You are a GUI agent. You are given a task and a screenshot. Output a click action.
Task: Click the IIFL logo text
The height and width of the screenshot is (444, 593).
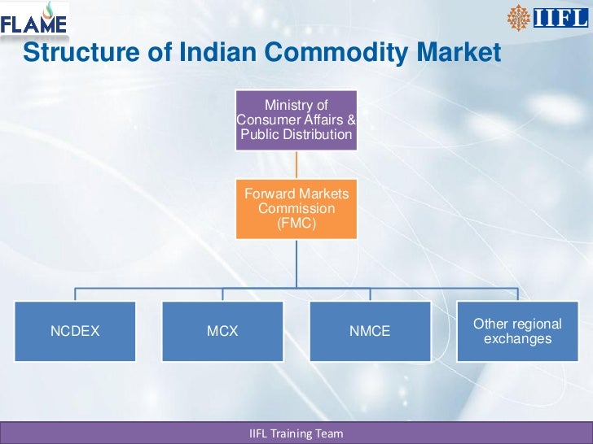click(560, 17)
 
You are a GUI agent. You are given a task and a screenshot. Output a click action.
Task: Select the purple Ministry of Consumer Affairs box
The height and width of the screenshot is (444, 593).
click(296, 120)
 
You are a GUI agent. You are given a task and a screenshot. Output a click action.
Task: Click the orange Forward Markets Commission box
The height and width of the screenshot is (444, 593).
click(296, 209)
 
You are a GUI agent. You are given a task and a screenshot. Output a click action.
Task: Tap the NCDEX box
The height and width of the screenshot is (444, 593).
click(76, 331)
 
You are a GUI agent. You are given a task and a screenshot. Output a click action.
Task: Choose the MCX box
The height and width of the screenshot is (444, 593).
click(222, 331)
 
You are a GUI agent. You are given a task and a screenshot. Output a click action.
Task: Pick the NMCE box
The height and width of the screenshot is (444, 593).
click(370, 331)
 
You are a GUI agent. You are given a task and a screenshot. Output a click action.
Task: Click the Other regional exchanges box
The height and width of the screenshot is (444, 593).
click(517, 331)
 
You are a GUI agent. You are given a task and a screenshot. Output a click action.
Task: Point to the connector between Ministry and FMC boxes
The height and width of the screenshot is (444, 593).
click(296, 164)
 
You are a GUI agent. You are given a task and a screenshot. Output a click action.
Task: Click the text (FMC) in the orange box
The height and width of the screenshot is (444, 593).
click(296, 223)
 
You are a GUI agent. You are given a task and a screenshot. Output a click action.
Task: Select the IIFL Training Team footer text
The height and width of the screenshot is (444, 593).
click(296, 433)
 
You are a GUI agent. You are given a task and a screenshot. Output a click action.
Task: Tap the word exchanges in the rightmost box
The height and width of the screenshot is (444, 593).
click(517, 338)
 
